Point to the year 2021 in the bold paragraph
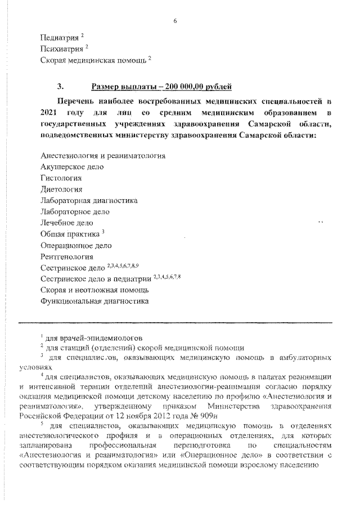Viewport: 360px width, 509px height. (51, 114)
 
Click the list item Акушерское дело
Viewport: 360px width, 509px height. (72, 166)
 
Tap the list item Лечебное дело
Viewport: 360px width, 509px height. (67, 223)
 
